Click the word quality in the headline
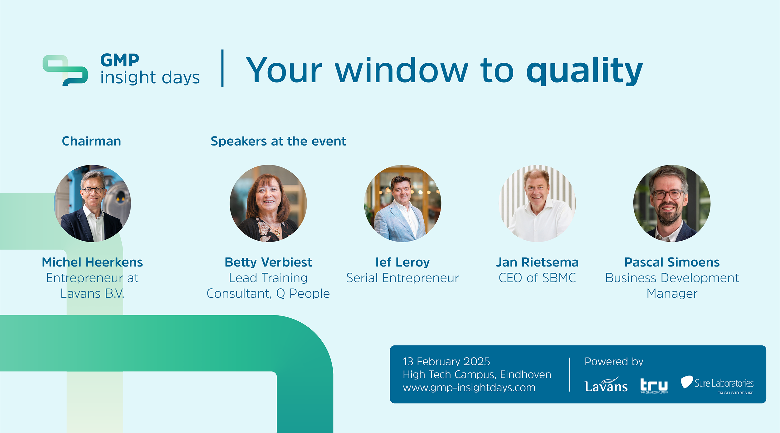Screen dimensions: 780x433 pos(584,71)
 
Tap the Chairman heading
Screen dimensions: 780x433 pos(91,141)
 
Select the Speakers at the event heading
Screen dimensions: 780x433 pos(278,141)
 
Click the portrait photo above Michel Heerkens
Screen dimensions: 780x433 pos(92,203)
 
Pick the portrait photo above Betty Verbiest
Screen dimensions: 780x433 pos(268,203)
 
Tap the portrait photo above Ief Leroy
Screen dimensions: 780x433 pos(403,203)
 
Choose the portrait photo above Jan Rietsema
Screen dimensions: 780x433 pos(537,203)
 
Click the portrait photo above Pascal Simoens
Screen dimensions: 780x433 pos(672,203)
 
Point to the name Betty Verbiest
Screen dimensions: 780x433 pos(268,262)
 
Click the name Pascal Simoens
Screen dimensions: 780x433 pos(672,262)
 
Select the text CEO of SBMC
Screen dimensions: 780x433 pos(537,278)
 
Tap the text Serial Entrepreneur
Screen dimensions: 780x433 pos(402,278)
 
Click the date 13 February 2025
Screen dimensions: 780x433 pos(446,362)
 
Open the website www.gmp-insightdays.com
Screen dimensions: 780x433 pos(469,388)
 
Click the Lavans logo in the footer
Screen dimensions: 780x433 pos(606,384)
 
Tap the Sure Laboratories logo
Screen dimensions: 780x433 pos(717,385)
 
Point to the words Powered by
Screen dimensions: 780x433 pos(614,362)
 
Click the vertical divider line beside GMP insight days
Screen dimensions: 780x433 pos(222,68)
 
